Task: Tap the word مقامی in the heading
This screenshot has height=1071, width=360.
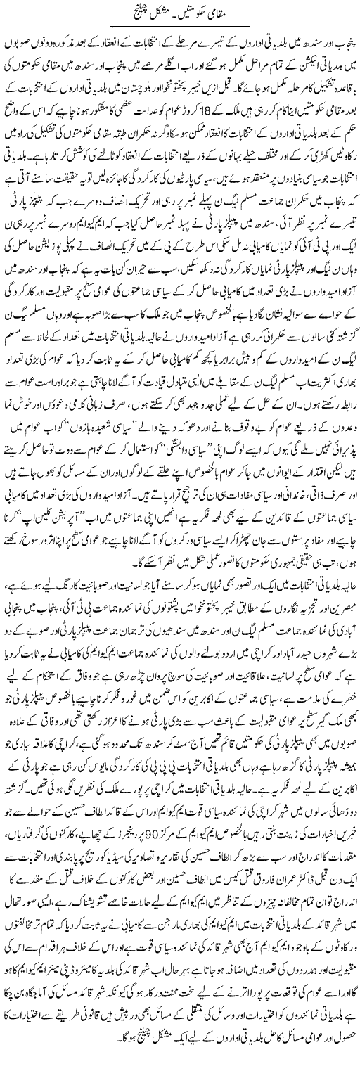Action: [222, 13]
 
